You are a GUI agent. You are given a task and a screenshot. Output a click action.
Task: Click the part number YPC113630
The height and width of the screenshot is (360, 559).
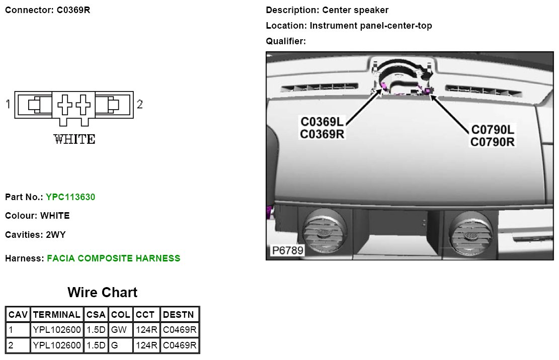[x=70, y=197]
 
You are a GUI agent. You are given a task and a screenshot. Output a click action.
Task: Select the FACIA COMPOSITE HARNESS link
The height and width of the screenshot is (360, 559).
[x=113, y=258]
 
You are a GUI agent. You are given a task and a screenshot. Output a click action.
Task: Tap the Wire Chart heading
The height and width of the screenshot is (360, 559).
[x=102, y=292]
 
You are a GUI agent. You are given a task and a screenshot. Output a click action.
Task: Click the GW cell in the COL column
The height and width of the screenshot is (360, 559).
[x=120, y=330]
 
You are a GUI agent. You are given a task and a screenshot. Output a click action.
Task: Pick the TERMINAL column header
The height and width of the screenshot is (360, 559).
[x=56, y=315]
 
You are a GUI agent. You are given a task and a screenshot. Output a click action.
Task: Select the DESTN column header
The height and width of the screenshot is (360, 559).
[x=179, y=315]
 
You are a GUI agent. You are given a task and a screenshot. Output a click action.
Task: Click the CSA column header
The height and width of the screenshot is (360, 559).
[x=96, y=315]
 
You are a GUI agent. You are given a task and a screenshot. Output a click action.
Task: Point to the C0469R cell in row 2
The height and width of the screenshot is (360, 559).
[x=180, y=345]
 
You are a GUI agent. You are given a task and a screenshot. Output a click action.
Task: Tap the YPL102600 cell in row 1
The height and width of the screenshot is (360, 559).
[x=56, y=330]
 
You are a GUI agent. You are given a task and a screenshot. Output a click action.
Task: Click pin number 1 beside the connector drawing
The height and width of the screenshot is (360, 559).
[x=8, y=104]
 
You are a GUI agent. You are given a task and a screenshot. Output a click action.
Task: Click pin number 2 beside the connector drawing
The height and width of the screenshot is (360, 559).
[x=140, y=104]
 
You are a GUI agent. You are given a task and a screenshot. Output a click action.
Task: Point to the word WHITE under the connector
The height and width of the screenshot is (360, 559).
[x=74, y=139]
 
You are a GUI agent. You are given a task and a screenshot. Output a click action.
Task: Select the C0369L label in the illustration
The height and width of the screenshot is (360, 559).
[x=323, y=122]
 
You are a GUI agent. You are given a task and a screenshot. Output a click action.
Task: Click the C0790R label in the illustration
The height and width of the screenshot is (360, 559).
[x=492, y=141]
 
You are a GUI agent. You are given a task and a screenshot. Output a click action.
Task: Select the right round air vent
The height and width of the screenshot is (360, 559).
[x=470, y=233]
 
